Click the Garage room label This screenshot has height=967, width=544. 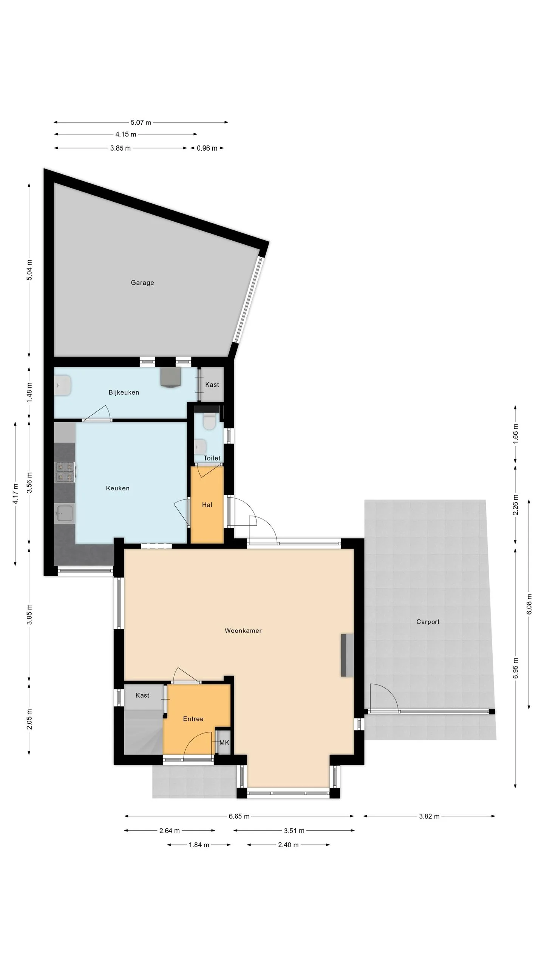[142, 283]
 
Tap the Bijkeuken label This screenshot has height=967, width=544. [124, 392]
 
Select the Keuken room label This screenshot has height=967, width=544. [118, 488]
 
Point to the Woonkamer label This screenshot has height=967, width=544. [243, 630]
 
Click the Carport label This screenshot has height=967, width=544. [428, 622]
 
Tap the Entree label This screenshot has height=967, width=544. [193, 719]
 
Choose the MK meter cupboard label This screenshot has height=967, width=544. [224, 743]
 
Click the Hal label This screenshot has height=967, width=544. [207, 505]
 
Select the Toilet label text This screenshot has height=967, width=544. [212, 458]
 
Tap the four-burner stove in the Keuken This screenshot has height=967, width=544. [65, 472]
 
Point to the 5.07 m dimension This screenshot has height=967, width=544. [141, 122]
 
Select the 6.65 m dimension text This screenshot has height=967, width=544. [239, 816]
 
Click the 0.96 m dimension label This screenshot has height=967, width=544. [207, 148]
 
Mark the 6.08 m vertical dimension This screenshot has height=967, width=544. [529, 604]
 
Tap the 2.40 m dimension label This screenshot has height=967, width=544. [289, 845]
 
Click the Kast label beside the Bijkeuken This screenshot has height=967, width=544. [212, 385]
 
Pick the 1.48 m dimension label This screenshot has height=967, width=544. [29, 392]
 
